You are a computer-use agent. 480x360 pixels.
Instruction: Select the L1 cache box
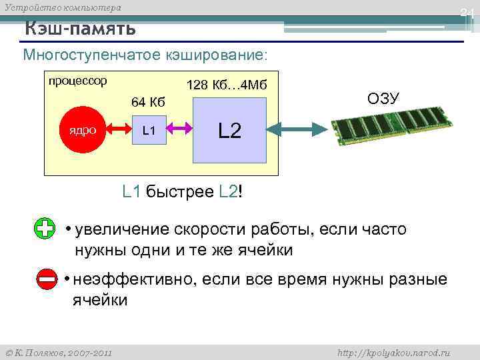point(149,130)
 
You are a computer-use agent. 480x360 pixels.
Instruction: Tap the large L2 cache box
point(229,130)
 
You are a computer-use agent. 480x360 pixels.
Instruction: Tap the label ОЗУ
point(383,99)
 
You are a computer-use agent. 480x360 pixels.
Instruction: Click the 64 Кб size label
point(148,102)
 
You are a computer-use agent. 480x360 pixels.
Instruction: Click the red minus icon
point(47,281)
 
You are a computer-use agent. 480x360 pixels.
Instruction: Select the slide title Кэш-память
point(81,29)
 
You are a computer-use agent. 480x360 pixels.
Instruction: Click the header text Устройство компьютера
point(63,8)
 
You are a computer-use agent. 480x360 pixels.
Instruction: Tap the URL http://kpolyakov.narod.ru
point(395,352)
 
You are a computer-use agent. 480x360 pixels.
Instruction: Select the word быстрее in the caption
point(179,193)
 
